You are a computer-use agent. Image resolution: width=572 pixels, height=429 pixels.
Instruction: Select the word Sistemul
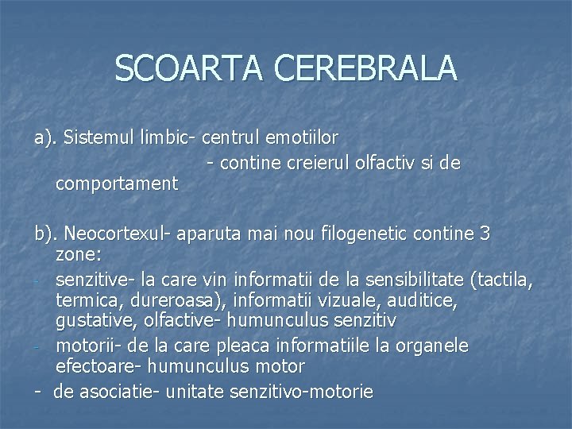pos(95,137)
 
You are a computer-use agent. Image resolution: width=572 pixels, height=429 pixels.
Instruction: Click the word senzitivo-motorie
pos(306,392)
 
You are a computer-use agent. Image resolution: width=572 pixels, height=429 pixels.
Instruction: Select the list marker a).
pos(45,137)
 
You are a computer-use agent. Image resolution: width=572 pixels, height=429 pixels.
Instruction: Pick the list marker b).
pos(45,234)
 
